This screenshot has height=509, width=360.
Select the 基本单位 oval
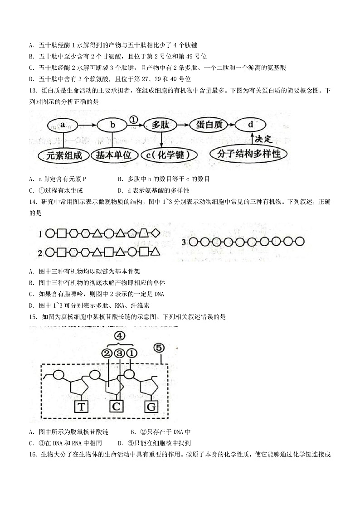tap(113, 155)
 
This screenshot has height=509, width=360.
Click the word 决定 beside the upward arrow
tap(263, 139)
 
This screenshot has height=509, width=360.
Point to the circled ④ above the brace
tap(119, 336)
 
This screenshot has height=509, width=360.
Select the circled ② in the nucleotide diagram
tap(107, 353)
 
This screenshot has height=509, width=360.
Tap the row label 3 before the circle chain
tap(184, 242)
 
